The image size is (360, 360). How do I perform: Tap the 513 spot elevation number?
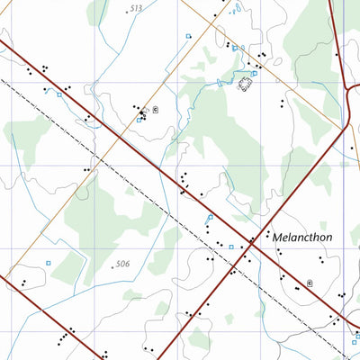tap(136, 8)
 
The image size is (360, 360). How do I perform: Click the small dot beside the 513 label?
tap(127, 12)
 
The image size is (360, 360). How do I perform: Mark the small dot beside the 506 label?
tap(113, 267)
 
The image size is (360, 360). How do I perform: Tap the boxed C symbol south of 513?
tap(155, 110)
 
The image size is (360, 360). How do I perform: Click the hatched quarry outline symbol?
tap(244, 84)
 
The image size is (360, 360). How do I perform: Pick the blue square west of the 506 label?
tap(49, 263)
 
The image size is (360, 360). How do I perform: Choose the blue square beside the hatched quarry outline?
tap(255, 74)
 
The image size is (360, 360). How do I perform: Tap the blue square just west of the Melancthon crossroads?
tap(230, 246)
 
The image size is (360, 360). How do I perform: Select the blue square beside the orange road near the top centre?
tap(188, 36)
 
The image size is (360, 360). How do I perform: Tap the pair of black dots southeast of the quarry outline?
tap(283, 104)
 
